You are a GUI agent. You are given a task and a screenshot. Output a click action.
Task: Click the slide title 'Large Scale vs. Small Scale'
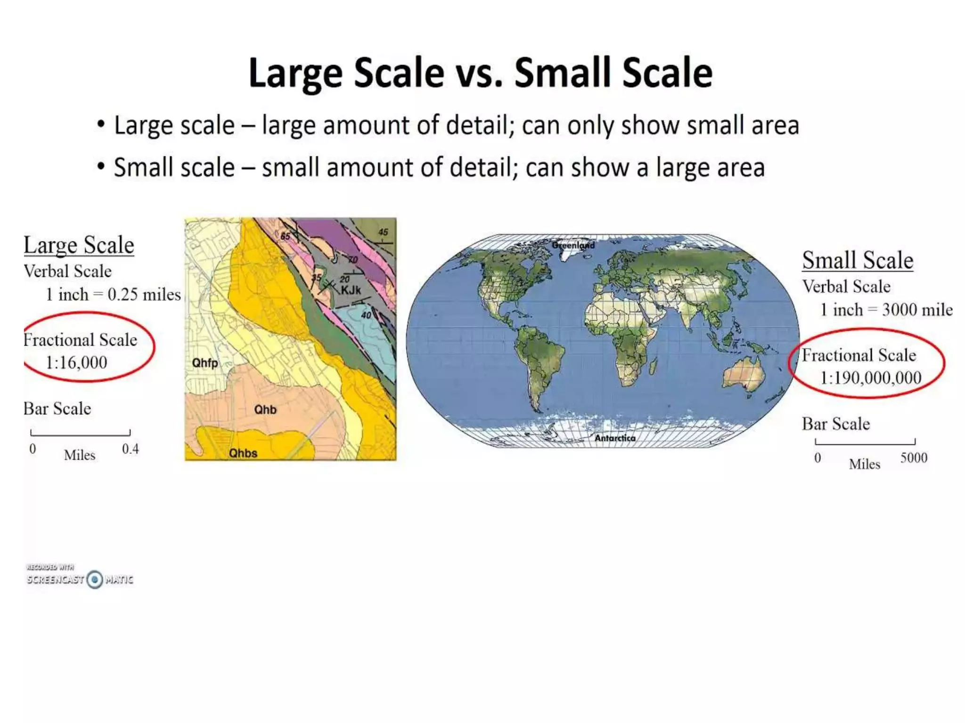tap(480, 73)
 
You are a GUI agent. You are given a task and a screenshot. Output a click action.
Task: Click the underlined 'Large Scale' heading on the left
tap(79, 245)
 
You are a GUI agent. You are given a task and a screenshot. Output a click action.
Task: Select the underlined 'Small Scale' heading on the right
tap(858, 260)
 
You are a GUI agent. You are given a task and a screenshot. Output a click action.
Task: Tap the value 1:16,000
tap(76, 362)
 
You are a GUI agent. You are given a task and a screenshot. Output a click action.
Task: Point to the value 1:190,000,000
tap(870, 378)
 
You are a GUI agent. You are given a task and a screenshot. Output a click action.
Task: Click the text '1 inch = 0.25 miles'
tap(113, 295)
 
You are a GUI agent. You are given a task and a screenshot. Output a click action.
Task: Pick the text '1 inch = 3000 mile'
tap(886, 310)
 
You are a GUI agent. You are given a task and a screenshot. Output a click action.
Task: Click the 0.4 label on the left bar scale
tap(131, 449)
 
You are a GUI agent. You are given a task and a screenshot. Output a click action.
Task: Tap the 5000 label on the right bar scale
tap(914, 458)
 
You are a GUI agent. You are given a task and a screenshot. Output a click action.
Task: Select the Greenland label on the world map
tap(573, 245)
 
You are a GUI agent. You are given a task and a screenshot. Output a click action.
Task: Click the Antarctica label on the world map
tap(615, 438)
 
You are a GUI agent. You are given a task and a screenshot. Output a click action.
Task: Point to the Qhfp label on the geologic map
tap(205, 363)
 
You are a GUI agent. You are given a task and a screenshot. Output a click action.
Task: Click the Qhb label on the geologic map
tap(265, 410)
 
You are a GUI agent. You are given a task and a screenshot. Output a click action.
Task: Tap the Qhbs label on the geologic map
tap(243, 453)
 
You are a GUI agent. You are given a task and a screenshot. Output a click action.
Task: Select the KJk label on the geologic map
tap(351, 290)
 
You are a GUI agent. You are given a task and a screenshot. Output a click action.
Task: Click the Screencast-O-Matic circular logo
tap(95, 579)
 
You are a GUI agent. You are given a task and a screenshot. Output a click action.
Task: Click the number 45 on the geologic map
tap(383, 232)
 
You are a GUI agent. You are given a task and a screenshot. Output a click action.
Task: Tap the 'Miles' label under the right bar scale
tap(865, 465)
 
